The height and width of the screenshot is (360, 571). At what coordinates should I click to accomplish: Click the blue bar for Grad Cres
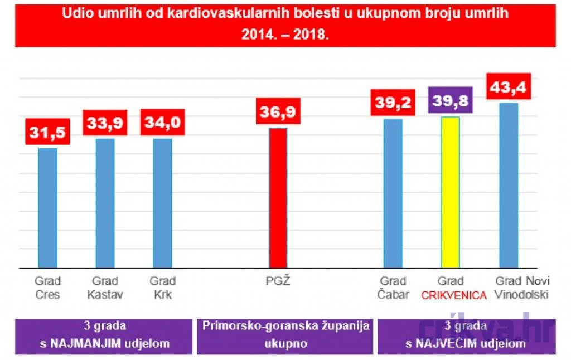coord(48,208)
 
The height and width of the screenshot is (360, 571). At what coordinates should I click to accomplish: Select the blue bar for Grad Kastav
coord(105,203)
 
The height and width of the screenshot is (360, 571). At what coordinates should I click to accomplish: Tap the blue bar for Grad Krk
coord(162,203)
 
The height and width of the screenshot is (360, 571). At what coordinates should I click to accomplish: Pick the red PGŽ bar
coord(278,198)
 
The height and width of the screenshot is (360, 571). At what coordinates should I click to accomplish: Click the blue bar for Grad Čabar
coord(393,193)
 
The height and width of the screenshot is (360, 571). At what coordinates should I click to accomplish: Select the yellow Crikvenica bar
coord(451,193)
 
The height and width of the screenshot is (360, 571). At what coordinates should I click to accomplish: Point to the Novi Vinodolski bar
coord(509,186)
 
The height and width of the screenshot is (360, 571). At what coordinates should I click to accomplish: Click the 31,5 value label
coord(48,132)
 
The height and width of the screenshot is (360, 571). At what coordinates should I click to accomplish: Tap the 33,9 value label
coord(105,123)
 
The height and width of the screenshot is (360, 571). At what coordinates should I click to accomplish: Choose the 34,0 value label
coord(162,122)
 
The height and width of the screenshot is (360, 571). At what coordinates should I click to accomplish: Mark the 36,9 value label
coord(278,111)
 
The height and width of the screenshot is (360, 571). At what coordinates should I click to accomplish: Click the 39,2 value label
coord(393,103)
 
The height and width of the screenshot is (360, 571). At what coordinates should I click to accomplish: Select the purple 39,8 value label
coord(451,100)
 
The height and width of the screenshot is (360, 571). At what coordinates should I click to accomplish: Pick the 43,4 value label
coord(509,86)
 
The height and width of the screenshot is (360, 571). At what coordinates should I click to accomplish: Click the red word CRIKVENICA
coord(454,295)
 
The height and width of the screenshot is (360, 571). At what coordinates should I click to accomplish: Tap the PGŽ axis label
coord(278,281)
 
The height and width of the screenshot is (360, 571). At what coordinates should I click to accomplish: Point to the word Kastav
coord(105,294)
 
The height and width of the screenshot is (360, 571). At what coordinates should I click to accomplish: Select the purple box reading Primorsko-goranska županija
coord(285,337)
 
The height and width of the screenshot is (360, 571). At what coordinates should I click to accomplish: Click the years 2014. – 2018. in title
coord(285,34)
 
